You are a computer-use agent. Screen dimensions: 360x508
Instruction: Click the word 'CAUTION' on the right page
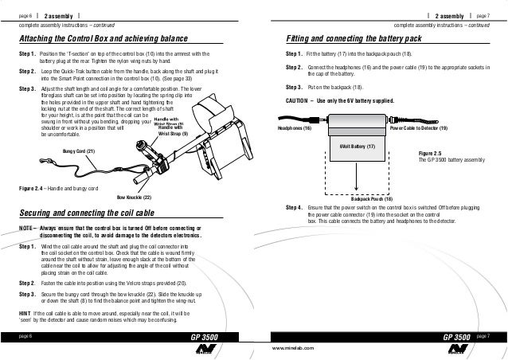click(299, 102)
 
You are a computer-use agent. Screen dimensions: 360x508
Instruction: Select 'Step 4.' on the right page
click(295, 206)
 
